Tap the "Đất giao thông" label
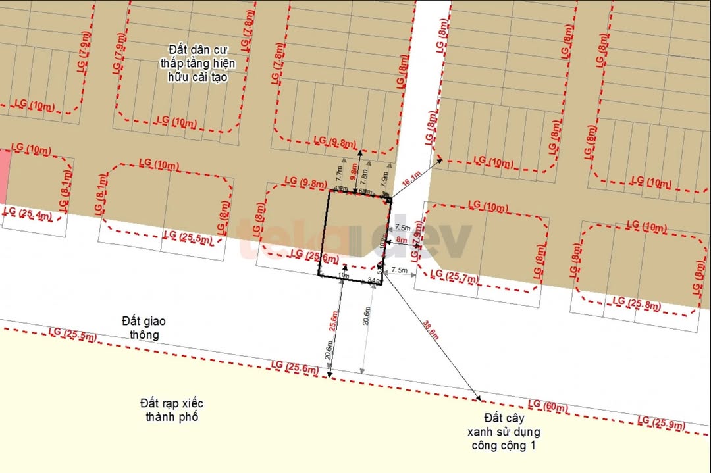(x=144, y=328)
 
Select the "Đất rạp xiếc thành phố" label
(x=171, y=410)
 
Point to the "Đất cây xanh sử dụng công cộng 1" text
(x=504, y=432)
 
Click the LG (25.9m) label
(x=662, y=423)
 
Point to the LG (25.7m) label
(x=454, y=277)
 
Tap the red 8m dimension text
(x=402, y=241)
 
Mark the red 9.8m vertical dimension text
(x=355, y=172)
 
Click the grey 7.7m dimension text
(x=340, y=173)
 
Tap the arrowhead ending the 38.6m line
(x=479, y=398)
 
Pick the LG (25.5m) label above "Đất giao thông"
(x=72, y=335)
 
